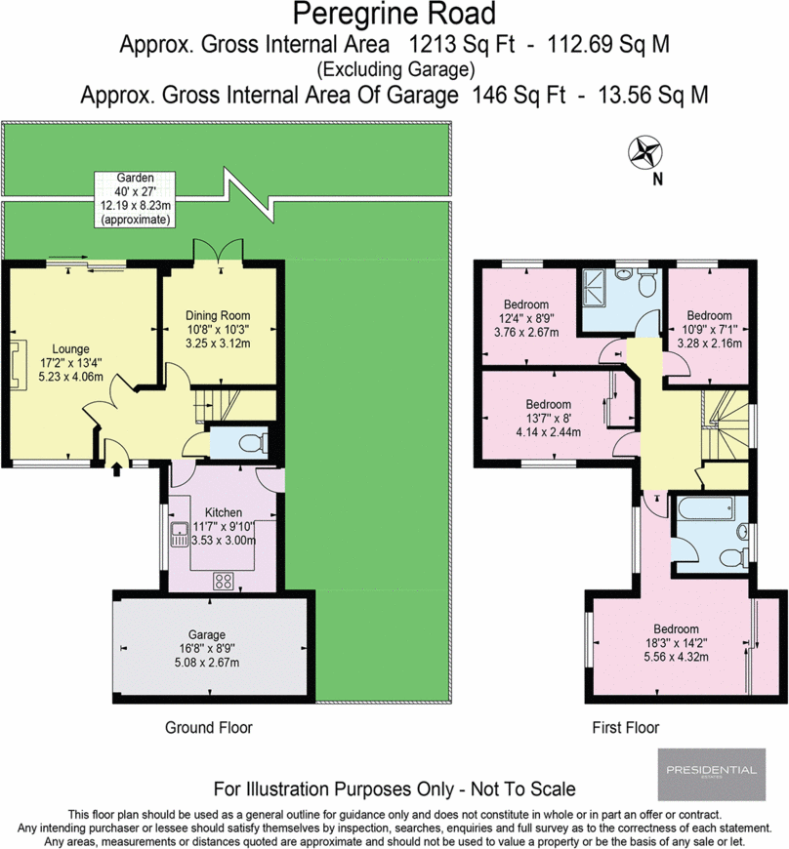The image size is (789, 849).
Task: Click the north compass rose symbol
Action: point(644,152)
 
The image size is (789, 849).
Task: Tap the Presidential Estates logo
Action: point(712,774)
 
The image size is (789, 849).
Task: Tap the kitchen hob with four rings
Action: point(224,581)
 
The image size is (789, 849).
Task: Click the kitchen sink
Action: point(180,535)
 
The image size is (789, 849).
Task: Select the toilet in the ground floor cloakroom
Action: point(254,443)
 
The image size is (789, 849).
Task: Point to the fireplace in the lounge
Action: point(17,364)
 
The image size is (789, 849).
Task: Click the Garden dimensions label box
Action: point(135,199)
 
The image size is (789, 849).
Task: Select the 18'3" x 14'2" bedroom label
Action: point(676,643)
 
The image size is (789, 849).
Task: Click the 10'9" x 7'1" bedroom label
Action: point(709,329)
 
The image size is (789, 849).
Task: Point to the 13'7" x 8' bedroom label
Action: point(549,418)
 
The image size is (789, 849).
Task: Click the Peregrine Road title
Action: point(394,15)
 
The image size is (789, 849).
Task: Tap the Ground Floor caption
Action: point(209,727)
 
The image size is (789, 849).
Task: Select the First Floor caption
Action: point(626,727)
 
